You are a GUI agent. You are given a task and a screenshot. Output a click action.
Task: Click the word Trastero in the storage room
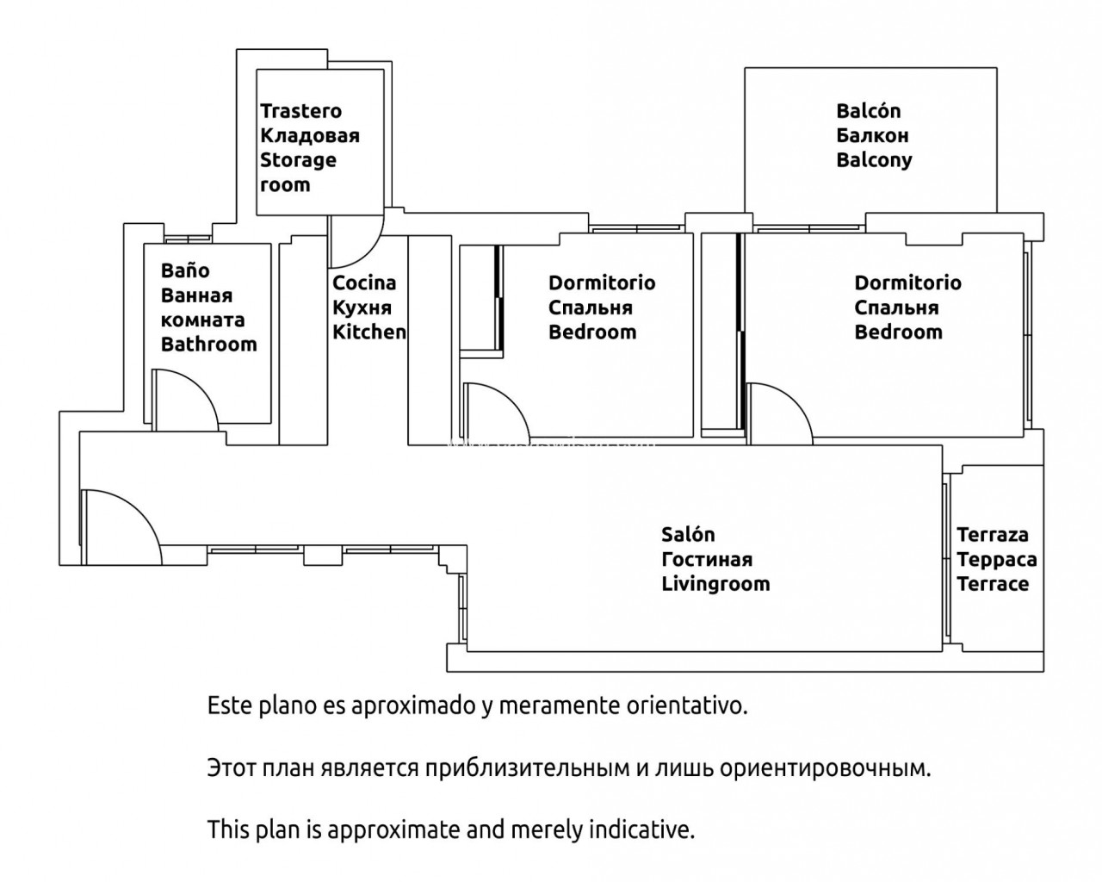tap(300, 111)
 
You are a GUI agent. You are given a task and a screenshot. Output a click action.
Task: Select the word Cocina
tap(364, 283)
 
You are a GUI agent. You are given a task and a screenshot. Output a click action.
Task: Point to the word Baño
tap(185, 270)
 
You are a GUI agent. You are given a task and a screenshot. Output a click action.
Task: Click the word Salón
tap(688, 535)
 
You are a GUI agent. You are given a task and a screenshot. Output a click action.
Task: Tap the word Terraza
tap(993, 535)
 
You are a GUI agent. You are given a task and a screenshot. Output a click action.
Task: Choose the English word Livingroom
tap(715, 584)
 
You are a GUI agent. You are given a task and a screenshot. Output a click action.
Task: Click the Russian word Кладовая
tap(310, 135)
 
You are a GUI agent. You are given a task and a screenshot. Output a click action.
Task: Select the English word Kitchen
tap(369, 332)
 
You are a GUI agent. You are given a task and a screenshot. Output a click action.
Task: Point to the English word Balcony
tap(874, 160)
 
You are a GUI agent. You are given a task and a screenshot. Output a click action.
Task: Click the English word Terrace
tap(993, 584)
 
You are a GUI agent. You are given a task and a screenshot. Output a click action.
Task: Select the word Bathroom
tap(208, 345)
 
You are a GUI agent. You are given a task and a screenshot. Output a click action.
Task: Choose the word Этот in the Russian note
tap(232, 767)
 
